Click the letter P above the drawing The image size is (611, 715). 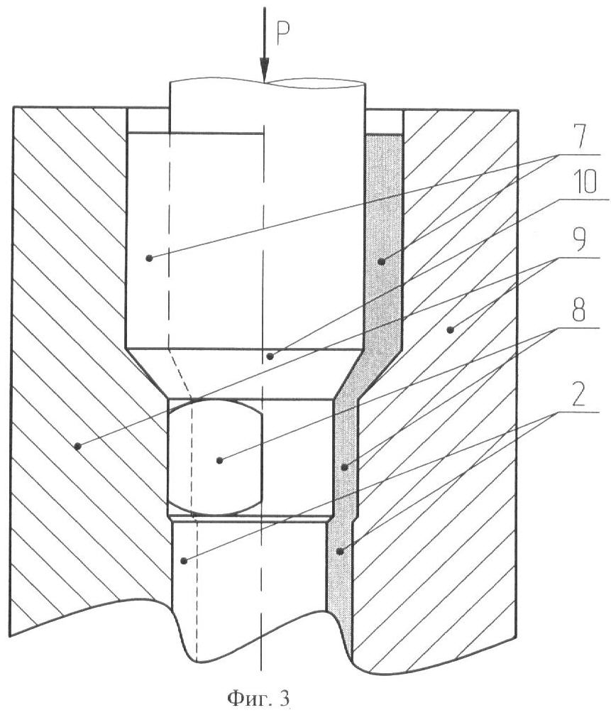(283, 33)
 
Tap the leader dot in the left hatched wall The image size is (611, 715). (78, 446)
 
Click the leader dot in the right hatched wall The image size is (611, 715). (450, 329)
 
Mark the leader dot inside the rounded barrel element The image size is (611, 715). (219, 461)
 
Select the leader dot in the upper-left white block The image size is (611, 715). (148, 258)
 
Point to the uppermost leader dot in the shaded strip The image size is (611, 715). (381, 261)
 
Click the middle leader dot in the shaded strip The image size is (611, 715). (345, 467)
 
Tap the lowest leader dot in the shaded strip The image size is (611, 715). (339, 551)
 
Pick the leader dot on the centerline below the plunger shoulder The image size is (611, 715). (270, 356)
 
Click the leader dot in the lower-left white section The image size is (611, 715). (184, 560)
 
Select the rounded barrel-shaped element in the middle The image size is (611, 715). (216, 458)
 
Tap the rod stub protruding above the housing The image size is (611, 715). (268, 107)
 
